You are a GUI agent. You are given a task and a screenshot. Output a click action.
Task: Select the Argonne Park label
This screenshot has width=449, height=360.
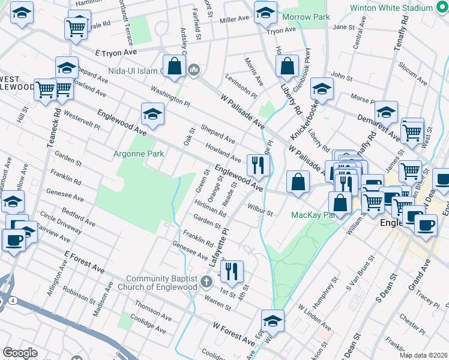coord(139,154)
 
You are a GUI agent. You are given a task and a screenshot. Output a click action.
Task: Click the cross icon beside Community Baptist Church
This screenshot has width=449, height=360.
coord(206,281)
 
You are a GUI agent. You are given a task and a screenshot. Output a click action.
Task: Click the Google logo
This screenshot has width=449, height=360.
coord(20,353)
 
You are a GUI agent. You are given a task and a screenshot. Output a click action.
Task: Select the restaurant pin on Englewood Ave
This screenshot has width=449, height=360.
coord(258,164)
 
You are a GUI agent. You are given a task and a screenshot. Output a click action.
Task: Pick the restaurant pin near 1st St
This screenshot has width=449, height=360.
coord(231,271)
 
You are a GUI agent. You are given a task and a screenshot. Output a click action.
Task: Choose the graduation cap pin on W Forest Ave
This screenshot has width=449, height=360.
coord(273,320)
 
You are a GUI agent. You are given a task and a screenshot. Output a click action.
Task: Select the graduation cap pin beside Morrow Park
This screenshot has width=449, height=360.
coord(265,12)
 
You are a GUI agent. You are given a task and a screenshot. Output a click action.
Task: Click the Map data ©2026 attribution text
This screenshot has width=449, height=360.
coord(424,355)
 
